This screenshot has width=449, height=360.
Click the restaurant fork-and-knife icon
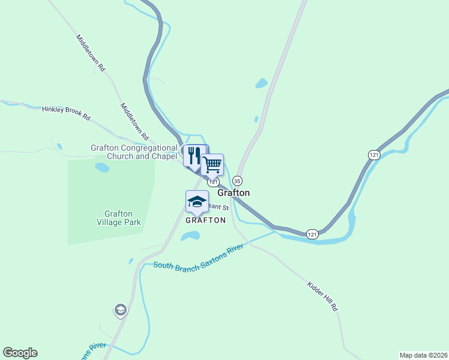pos(194,155)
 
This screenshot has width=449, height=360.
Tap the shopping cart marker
pos(212,164)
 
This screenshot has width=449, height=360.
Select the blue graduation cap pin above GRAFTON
pos(197,202)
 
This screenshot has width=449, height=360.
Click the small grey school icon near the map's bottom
pos(120,310)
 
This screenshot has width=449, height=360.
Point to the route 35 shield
pos(237,181)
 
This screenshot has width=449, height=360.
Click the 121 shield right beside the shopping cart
pos(214,181)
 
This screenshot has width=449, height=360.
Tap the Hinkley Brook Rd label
pos(65,113)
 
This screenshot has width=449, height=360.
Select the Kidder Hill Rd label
pos(322,296)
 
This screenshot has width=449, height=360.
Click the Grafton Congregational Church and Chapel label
pos(134,152)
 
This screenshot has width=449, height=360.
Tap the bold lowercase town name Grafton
pos(234,193)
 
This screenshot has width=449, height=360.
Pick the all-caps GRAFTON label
pos(205,220)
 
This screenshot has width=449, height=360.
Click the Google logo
pos(20,353)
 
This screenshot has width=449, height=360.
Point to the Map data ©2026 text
pos(423,355)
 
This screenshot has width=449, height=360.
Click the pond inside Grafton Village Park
pos(102,167)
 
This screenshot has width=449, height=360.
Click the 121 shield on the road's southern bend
pos(312,233)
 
